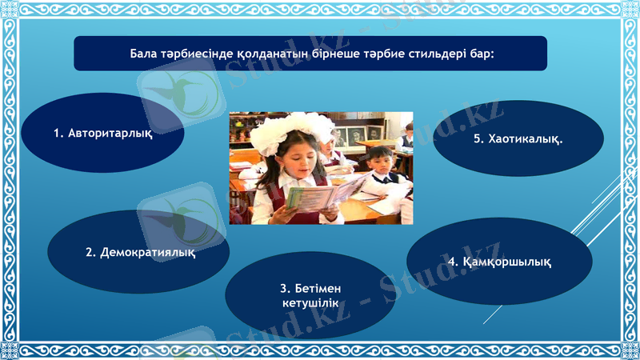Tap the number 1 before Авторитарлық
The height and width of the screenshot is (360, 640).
coord(58,133)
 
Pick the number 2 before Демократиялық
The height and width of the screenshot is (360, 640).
coord(90,253)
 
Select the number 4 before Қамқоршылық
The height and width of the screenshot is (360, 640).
coord(452,262)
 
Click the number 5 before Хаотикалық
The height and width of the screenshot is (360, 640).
coord(478,139)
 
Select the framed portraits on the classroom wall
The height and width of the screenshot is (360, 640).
coord(355,134)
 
